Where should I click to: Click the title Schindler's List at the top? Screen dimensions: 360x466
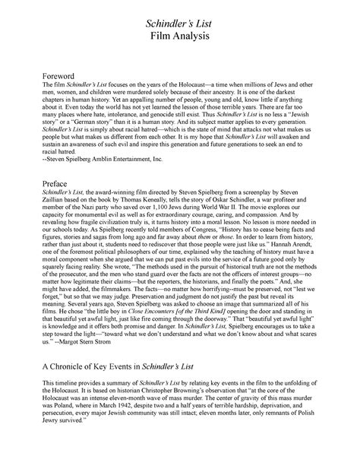point(180,25)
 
